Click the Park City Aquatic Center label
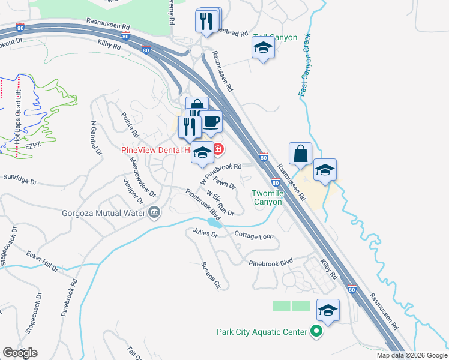click(261, 332)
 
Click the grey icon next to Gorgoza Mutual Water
click(154, 212)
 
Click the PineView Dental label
click(155, 149)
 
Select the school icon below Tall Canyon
click(263, 48)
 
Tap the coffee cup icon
click(210, 122)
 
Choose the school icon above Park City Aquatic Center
click(327, 311)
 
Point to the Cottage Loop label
click(253, 236)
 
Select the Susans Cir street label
click(211, 275)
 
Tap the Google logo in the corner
click(20, 353)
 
